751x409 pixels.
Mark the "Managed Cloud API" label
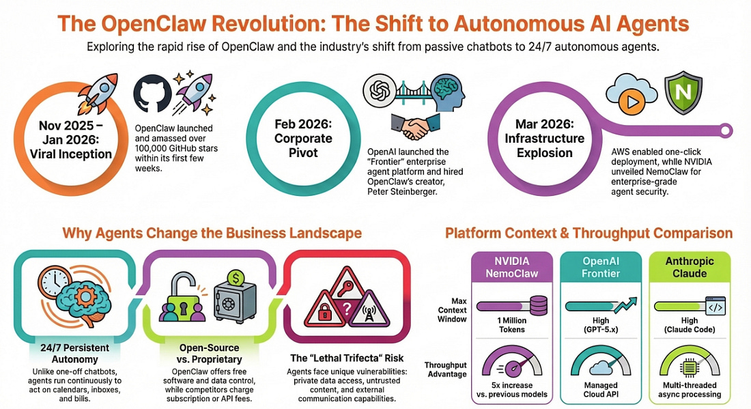(601, 389)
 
